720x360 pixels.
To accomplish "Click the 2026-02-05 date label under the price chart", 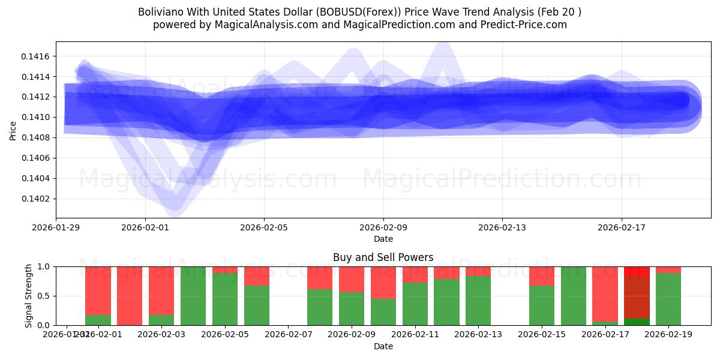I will [264, 227].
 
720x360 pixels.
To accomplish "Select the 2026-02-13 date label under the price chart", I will [502, 227].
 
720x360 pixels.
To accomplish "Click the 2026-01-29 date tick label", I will [56, 227].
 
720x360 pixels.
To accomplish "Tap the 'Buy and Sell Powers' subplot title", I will [383, 257].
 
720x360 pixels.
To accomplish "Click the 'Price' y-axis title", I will [13, 131].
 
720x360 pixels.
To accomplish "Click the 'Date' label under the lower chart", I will [383, 346].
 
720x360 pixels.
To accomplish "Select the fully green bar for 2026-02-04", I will [193, 296].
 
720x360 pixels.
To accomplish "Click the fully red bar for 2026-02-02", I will [130, 296].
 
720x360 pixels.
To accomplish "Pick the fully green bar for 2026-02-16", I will [574, 296].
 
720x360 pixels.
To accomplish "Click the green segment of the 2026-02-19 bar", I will [668, 299].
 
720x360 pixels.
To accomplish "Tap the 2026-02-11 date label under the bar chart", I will [415, 334].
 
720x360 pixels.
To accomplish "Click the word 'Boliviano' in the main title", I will [160, 12].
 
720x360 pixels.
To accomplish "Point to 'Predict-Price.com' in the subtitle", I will [526, 25].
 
